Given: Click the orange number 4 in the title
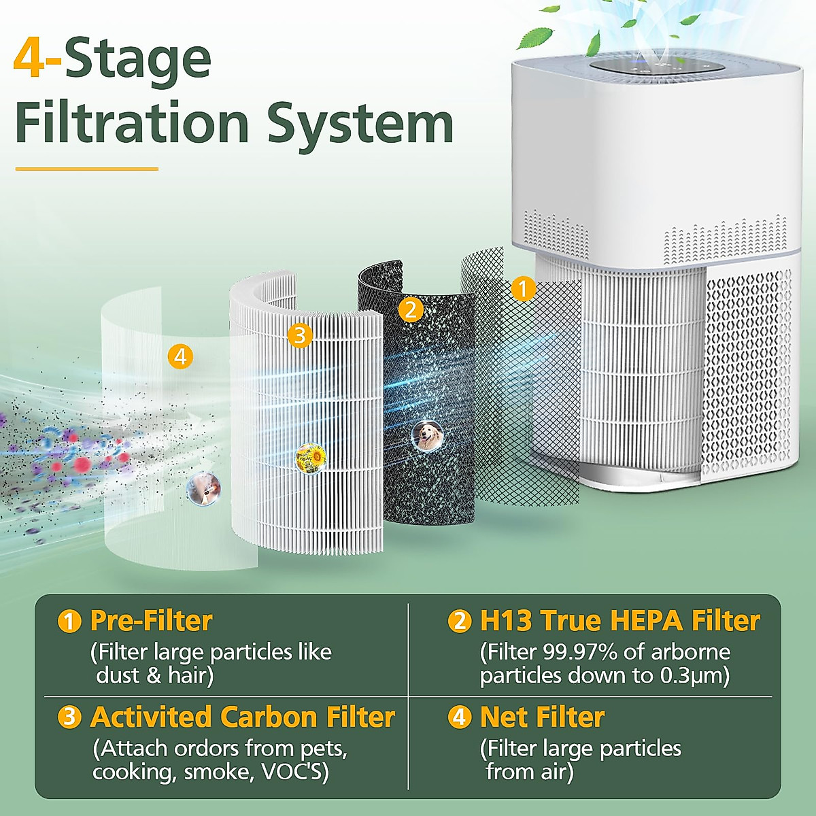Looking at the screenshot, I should point(30,60).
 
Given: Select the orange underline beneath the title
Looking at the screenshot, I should point(86,169).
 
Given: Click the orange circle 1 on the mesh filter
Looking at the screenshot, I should point(522,289).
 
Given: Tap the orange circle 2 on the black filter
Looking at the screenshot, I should point(410,310).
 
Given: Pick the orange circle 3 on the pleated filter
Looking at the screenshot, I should point(299,335).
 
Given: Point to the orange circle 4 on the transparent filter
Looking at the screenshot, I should point(180,356).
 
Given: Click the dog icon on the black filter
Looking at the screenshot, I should point(428,436).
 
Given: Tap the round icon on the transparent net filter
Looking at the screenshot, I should point(203,488).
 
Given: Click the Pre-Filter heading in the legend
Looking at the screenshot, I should point(151,621).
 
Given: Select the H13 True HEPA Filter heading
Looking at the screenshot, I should point(619,621).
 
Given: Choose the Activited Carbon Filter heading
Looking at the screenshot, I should point(242,717).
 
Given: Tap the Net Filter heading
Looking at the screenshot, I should point(542,717).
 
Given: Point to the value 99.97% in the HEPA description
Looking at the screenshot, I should point(580,652).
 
